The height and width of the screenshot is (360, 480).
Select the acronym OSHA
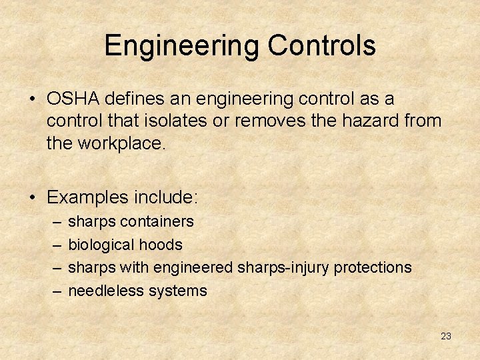coord(73,99)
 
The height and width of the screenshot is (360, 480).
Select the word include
coord(166,198)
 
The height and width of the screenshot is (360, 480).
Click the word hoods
coord(161,245)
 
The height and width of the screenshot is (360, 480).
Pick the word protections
coord(373,267)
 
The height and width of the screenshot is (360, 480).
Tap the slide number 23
coord(446,336)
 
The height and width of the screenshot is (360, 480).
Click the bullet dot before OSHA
coord(32,100)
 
